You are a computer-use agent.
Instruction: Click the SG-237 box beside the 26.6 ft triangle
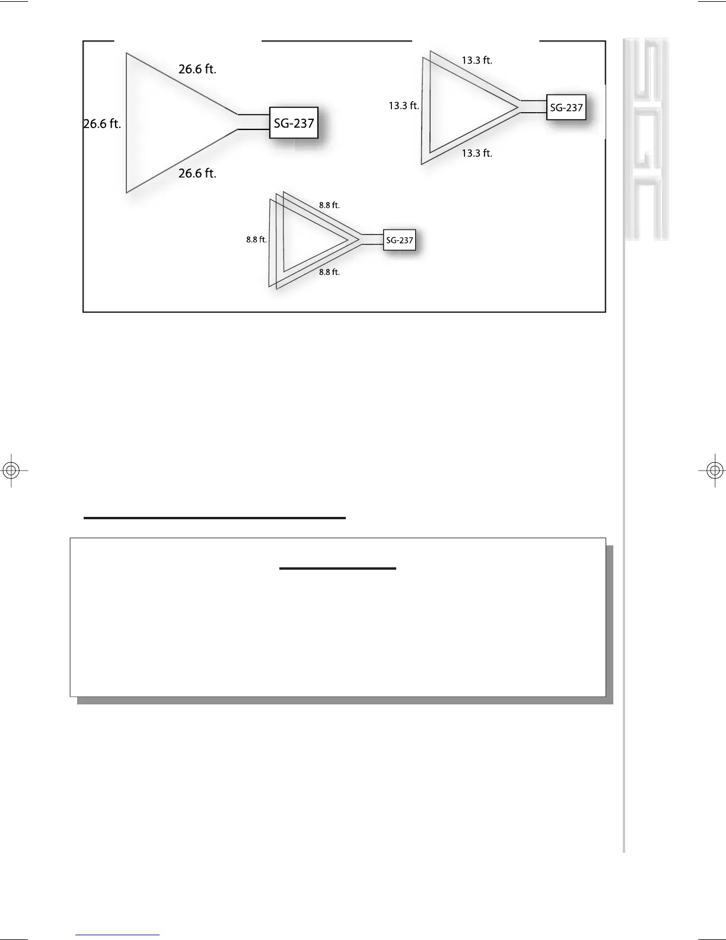click(x=294, y=123)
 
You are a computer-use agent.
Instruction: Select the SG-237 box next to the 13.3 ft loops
click(x=566, y=107)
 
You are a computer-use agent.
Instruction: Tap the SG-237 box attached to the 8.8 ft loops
click(x=399, y=240)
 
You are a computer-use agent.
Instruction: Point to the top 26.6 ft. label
click(x=198, y=69)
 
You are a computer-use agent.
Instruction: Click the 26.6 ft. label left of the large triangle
click(x=102, y=124)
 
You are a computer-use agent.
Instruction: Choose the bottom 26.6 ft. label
click(x=198, y=173)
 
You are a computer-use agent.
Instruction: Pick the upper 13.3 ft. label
click(x=477, y=60)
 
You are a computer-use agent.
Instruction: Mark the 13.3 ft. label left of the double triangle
click(x=404, y=106)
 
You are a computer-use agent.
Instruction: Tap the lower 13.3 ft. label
click(x=477, y=153)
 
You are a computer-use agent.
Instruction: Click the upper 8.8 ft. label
click(x=329, y=205)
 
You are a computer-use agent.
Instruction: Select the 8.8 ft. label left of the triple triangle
click(x=256, y=240)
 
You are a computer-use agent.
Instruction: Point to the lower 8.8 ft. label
click(x=329, y=272)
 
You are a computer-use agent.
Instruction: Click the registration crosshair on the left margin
click(x=11, y=471)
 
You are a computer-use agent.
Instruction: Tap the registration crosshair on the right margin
click(x=715, y=471)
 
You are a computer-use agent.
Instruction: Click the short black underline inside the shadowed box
click(x=337, y=569)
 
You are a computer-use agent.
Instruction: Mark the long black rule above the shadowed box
click(x=215, y=518)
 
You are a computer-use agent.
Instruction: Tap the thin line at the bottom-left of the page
click(x=117, y=935)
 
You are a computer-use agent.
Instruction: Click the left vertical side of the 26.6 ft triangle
click(x=126, y=123)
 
